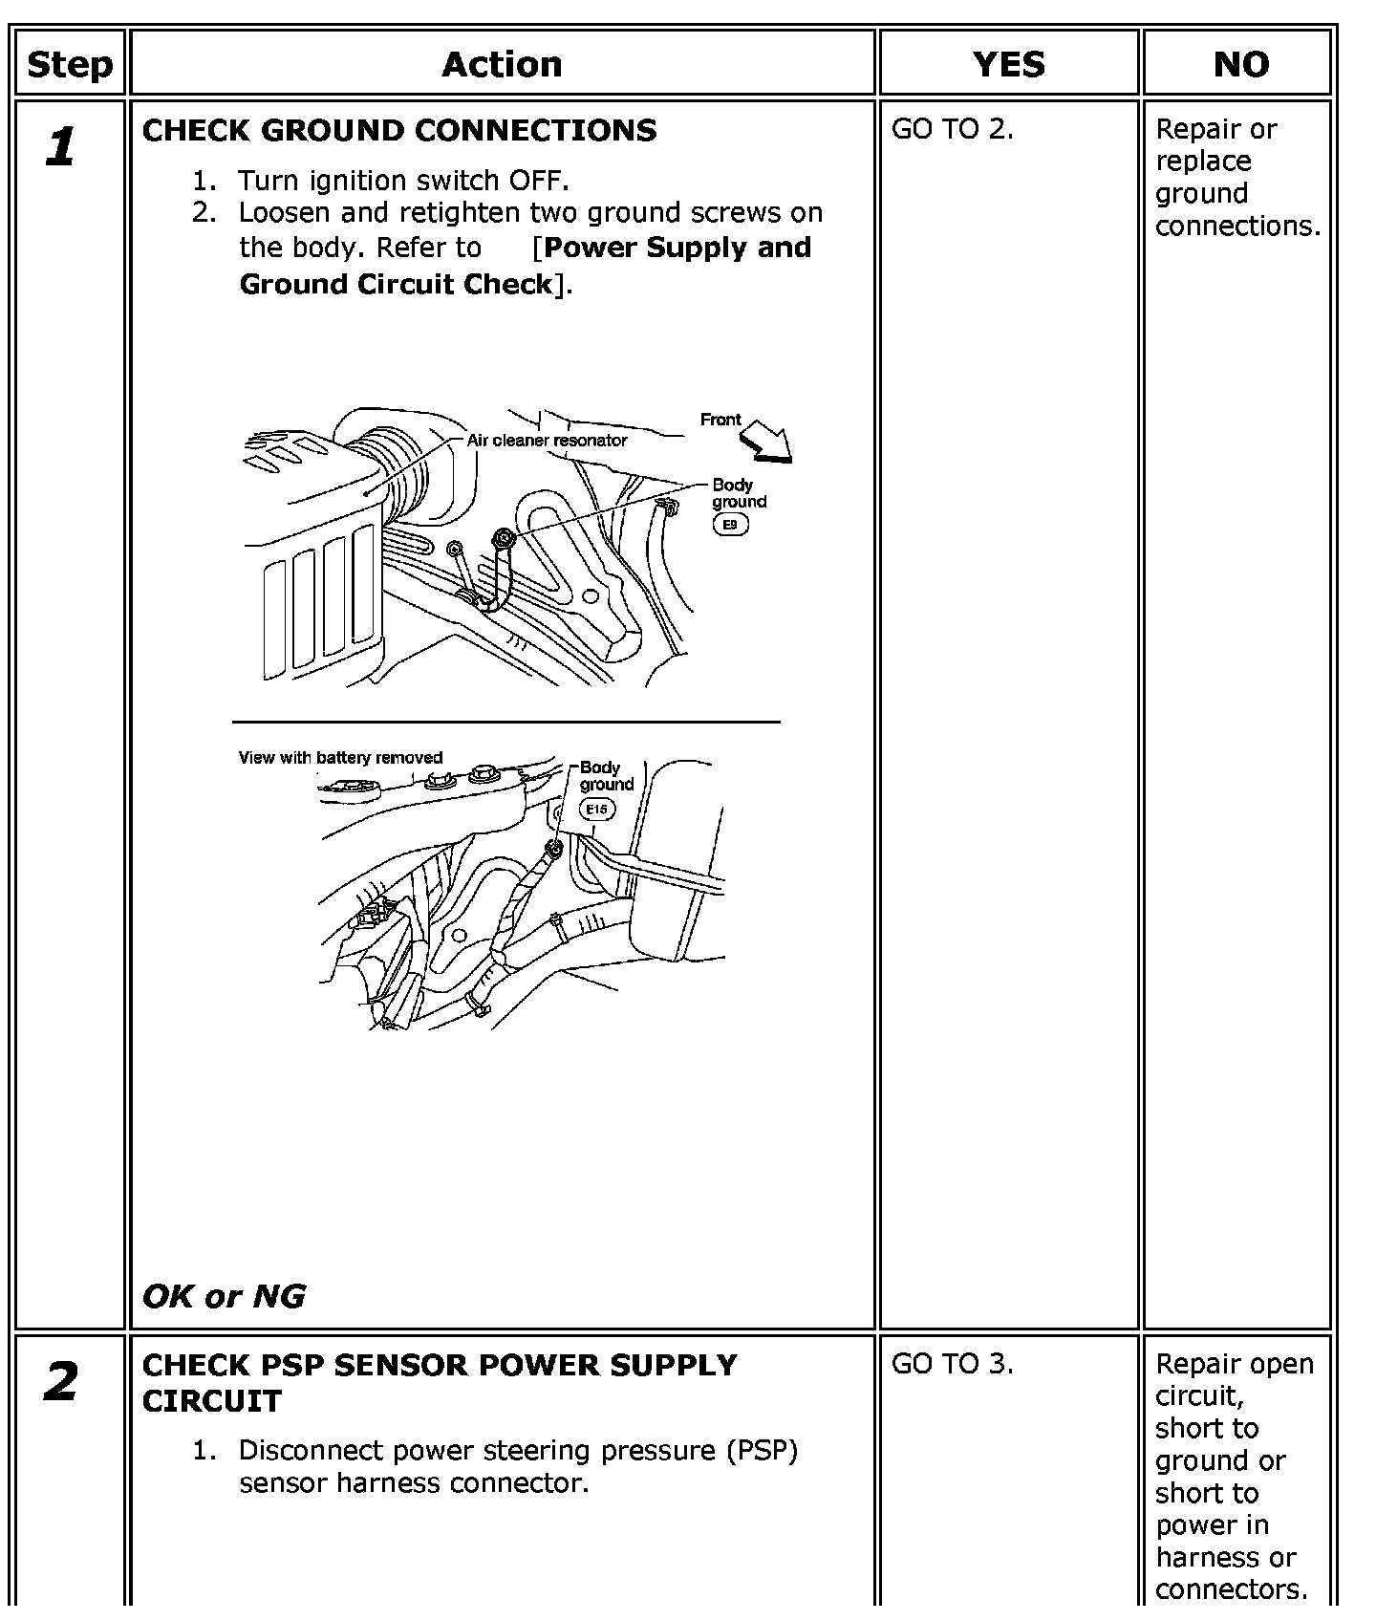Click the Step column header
point(70,64)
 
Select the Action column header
point(502,64)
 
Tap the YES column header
point(1009,64)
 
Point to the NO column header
point(1241,64)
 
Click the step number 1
point(60,147)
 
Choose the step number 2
point(61,1382)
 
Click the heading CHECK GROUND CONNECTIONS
point(399,130)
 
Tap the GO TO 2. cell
point(952,129)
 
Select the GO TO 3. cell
point(952,1364)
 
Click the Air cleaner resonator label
point(547,441)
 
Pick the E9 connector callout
point(731,525)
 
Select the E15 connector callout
point(597,810)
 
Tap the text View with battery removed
point(340,758)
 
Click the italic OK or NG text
point(224,1296)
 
